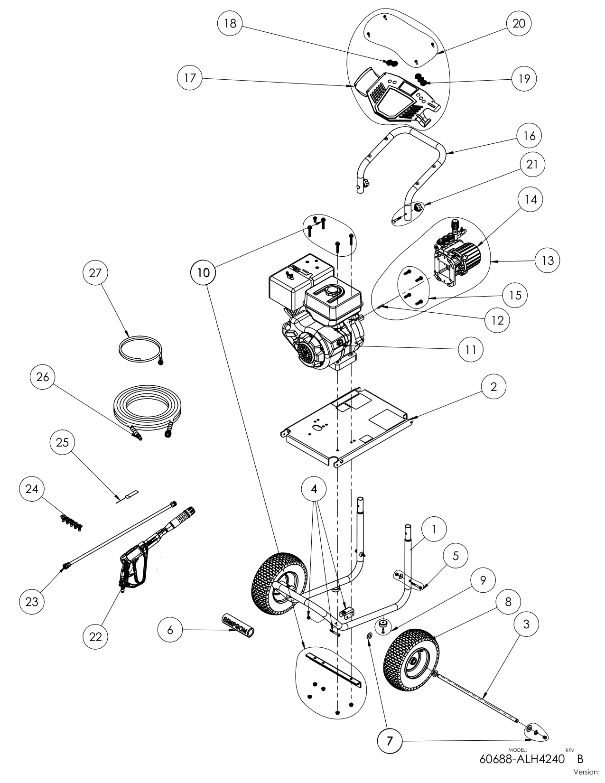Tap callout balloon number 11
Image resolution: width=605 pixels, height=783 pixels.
(471, 350)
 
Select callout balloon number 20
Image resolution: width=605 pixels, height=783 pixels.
(519, 23)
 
